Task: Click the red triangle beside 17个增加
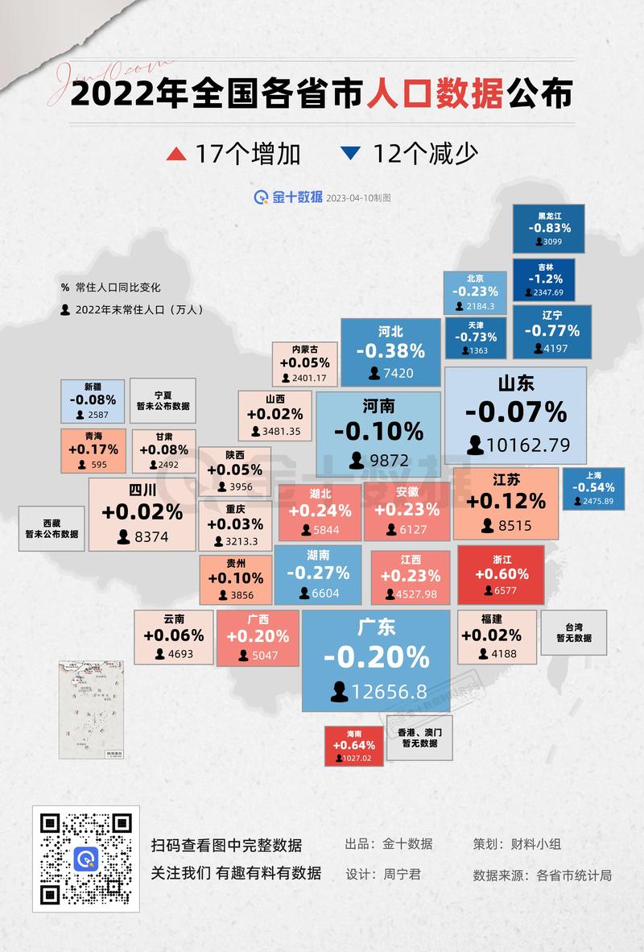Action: pyautogui.click(x=175, y=153)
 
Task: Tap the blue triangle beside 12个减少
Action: pyautogui.click(x=350, y=152)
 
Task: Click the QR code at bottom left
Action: pyautogui.click(x=86, y=859)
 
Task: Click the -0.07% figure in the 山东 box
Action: pyautogui.click(x=516, y=412)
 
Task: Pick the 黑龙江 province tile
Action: pyautogui.click(x=549, y=228)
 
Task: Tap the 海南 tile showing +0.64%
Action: pyautogui.click(x=354, y=746)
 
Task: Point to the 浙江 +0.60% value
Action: pyautogui.click(x=502, y=574)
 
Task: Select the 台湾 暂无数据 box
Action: pyautogui.click(x=573, y=631)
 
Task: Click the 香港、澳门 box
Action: pyautogui.click(x=419, y=738)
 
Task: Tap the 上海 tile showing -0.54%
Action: pyautogui.click(x=593, y=488)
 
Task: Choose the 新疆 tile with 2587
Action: pyautogui.click(x=93, y=401)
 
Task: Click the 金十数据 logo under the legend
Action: pyautogui.click(x=288, y=197)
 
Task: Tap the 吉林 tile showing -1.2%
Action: pyautogui.click(x=544, y=279)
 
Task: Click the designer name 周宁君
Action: pyautogui.click(x=401, y=874)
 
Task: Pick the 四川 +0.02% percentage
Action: pyautogui.click(x=142, y=512)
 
